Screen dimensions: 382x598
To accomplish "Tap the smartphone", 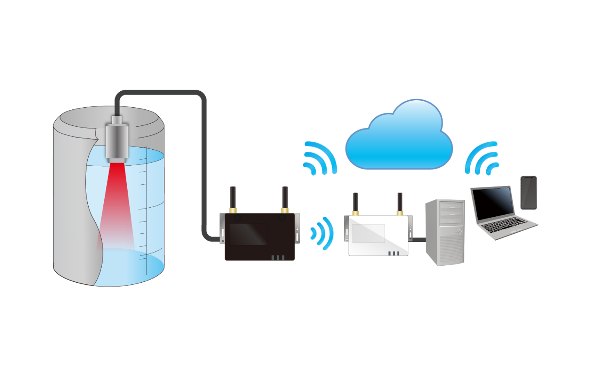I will (528, 193).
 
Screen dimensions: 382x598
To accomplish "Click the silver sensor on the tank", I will (117, 140).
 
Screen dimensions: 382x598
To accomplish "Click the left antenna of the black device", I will (233, 198).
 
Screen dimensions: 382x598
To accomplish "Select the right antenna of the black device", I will (285, 198).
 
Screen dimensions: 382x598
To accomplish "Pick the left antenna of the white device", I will (355, 203).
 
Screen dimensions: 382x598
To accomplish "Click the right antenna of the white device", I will (400, 203).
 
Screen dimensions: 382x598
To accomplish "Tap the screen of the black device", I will (248, 234).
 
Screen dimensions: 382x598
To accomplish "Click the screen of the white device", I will (368, 233).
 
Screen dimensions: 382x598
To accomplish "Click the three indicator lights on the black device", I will (278, 258).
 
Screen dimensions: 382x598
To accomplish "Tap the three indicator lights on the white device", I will (394, 254).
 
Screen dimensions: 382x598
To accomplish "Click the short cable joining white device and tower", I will (418, 239).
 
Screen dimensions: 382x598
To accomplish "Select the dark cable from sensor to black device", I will (204, 156).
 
